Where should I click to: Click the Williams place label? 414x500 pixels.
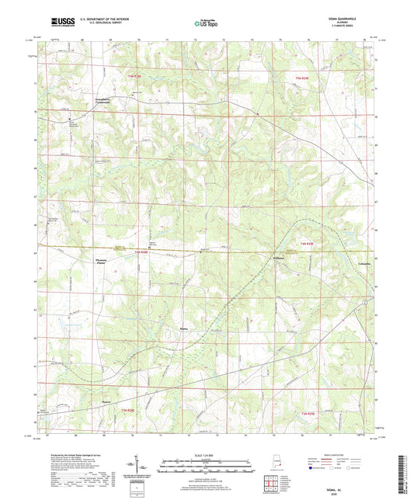(280, 258)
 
